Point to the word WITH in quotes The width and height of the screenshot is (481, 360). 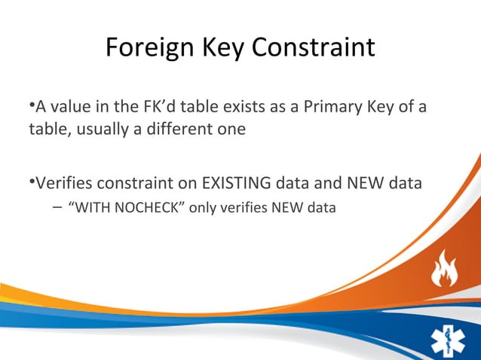(x=90, y=206)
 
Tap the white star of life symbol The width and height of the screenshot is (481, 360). (x=449, y=337)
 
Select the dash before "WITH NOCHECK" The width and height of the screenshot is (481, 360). (x=58, y=206)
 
